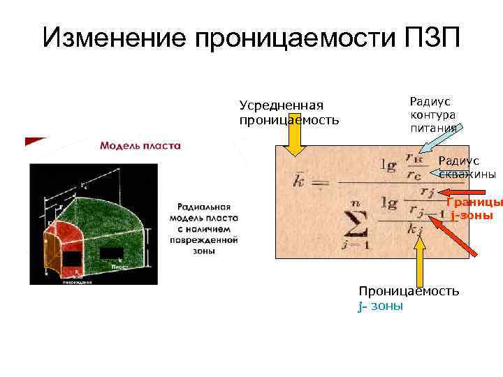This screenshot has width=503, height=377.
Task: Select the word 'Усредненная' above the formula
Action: click(x=282, y=105)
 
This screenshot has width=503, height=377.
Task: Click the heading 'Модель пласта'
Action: click(x=140, y=146)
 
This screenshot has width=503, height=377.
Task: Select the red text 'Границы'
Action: click(x=474, y=202)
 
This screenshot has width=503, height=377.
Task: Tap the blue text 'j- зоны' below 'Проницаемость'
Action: click(x=381, y=306)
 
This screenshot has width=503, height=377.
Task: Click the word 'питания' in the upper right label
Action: click(x=433, y=128)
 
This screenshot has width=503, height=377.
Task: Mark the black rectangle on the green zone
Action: click(x=112, y=253)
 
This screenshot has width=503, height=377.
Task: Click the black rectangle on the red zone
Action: click(x=72, y=259)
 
